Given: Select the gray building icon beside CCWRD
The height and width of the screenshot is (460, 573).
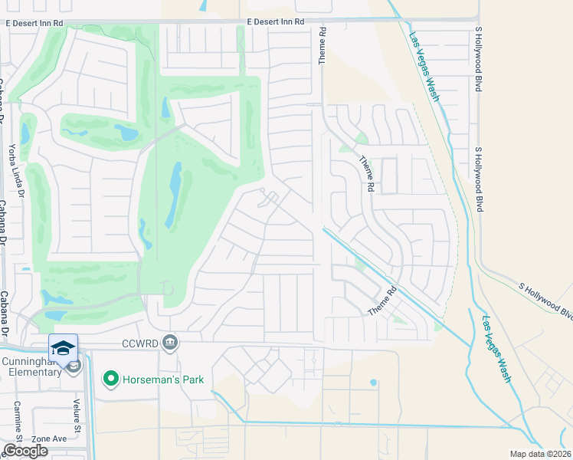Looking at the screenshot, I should click(x=170, y=343).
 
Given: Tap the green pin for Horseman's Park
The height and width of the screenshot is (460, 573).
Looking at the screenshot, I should click(x=110, y=378).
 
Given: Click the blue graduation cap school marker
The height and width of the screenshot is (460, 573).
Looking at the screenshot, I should click(x=63, y=347).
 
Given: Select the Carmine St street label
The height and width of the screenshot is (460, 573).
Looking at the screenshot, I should click(x=16, y=419).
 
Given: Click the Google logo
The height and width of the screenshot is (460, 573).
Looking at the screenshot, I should click(x=25, y=451).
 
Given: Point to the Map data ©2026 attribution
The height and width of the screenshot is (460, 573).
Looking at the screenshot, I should click(x=540, y=454).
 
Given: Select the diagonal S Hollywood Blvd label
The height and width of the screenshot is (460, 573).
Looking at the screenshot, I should click(x=545, y=299).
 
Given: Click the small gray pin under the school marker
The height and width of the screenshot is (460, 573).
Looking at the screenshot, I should click(x=74, y=367).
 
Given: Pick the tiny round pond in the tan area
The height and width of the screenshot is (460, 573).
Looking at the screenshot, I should click(x=373, y=382).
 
